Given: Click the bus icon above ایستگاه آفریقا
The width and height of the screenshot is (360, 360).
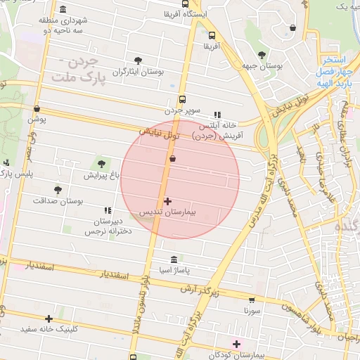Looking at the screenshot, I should (x=185, y=4).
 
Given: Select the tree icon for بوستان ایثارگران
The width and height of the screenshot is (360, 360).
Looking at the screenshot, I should (x=138, y=60).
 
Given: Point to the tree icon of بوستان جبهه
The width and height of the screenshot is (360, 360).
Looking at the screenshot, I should (x=262, y=55).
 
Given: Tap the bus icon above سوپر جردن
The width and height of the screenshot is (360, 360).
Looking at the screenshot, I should (x=183, y=100).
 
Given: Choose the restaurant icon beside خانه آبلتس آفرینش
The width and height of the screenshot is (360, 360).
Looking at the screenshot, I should (x=217, y=115).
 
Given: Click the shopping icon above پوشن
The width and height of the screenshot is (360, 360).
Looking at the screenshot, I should (x=37, y=109).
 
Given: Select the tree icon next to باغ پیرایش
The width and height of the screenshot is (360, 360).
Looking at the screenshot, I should (x=101, y=164).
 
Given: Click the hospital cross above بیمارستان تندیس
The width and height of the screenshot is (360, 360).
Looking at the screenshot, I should (x=167, y=201).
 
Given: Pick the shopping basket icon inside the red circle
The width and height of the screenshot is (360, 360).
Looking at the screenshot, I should (x=172, y=160).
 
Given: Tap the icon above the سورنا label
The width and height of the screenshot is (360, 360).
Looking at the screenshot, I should (x=252, y=298).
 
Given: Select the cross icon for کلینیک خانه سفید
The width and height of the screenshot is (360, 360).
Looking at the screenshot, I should (x=49, y=319).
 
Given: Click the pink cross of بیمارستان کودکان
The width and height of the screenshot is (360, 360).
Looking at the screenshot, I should (x=236, y=343).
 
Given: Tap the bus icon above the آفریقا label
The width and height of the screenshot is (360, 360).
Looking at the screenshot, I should (x=212, y=34).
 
